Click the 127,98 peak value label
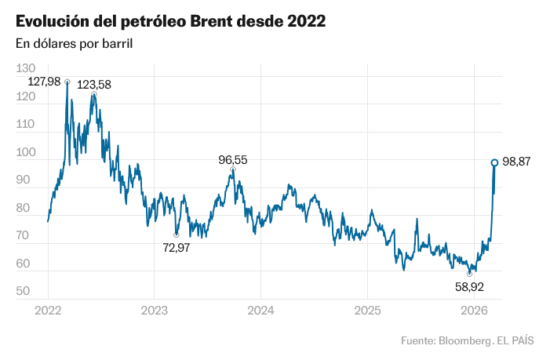pos(44,82)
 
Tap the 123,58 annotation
pos(94,84)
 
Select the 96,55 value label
pos(232,160)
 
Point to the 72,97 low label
pos(176,247)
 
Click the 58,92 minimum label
pos(469,286)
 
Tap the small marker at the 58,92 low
pos(469,274)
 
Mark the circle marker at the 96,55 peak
pos(233,169)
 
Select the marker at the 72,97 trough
pos(176,235)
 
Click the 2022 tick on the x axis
pos(48,311)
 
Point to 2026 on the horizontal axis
pos(474,311)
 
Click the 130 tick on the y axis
pos(25,69)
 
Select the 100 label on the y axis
pos(25,152)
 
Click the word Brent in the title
pos(211,21)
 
